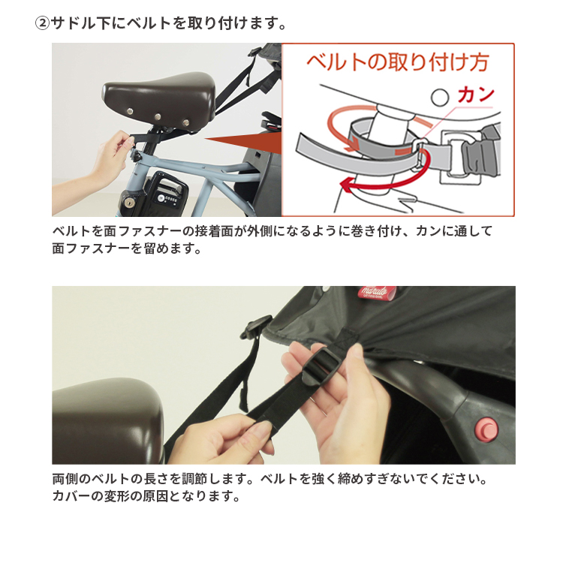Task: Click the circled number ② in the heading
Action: click(42, 24)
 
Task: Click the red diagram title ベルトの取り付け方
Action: click(398, 62)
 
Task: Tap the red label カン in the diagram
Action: click(476, 95)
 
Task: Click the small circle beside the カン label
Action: click(440, 98)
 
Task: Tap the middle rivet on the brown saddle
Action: click(158, 117)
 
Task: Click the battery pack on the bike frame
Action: click(166, 192)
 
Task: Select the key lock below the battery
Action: click(128, 204)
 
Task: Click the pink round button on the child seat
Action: click(486, 429)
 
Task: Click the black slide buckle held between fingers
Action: click(322, 366)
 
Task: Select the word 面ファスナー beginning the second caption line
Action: click(91, 248)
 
